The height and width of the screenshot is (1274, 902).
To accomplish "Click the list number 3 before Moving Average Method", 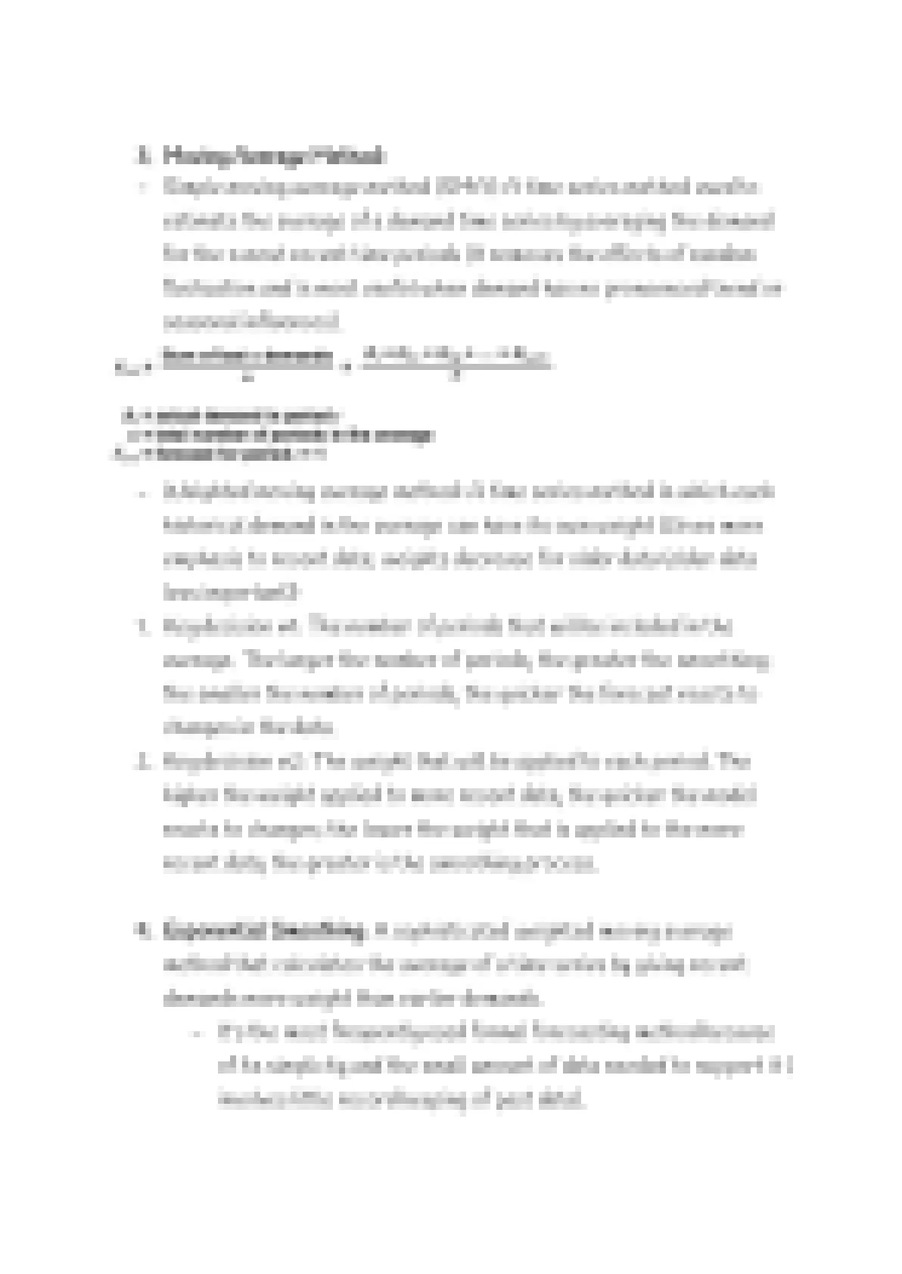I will [x=142, y=157].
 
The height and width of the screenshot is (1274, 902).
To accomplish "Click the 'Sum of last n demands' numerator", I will [x=247, y=356].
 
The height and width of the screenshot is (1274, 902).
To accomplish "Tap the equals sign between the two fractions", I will [x=347, y=366].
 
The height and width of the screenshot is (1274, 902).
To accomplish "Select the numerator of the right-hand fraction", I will [x=456, y=355].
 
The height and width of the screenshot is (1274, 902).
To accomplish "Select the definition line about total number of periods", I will [x=281, y=435].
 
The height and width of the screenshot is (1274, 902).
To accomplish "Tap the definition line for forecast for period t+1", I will [x=219, y=454].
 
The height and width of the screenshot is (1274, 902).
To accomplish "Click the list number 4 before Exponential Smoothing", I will [x=142, y=930].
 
